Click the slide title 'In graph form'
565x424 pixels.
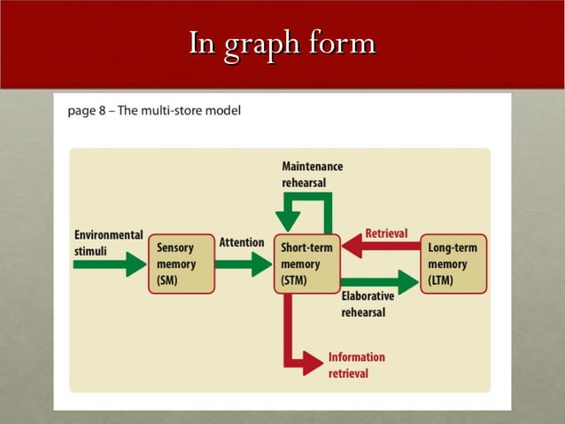282,43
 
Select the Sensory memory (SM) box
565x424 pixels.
181,264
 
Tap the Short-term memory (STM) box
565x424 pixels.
306,264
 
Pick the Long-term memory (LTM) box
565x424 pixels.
453,264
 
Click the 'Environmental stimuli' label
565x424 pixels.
108,243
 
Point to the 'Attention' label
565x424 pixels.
241,242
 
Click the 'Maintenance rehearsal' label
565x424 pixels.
312,174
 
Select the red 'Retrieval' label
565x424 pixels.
386,233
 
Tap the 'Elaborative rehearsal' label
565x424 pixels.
368,304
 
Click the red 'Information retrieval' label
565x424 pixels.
356,365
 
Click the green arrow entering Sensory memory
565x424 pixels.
110,264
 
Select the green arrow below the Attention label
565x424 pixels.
243,264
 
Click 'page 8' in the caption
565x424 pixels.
86,112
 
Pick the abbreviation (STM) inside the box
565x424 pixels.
296,280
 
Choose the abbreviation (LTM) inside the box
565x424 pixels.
442,280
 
